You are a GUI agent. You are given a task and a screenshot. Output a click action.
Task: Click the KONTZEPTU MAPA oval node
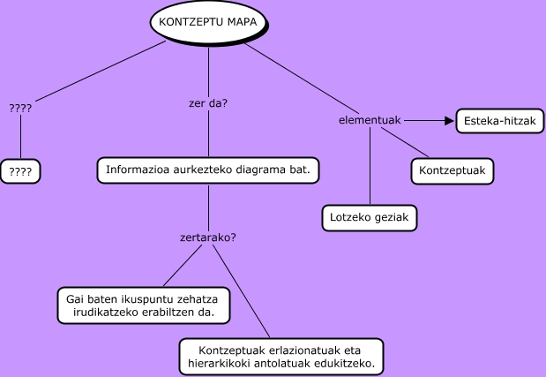[209, 22]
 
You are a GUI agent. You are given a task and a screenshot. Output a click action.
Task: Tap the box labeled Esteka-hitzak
[500, 121]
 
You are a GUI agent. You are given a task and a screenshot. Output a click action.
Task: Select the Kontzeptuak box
[453, 170]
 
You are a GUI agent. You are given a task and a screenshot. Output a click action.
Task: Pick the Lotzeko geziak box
[370, 218]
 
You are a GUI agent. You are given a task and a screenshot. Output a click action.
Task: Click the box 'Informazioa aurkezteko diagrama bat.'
[208, 170]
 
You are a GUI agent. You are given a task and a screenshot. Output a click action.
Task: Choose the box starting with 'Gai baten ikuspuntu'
[144, 305]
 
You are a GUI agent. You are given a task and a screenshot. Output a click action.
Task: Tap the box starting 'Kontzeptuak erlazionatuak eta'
[281, 357]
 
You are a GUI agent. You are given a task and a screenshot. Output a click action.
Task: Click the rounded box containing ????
[20, 171]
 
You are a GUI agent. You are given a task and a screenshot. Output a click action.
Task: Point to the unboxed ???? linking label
[20, 108]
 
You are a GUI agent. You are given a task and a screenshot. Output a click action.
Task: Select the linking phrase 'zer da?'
[208, 103]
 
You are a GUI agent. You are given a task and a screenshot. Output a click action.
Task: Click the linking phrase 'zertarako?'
[208, 238]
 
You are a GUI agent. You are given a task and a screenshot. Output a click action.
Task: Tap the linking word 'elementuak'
[370, 120]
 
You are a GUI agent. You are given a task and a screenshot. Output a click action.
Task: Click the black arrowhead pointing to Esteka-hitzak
[449, 121]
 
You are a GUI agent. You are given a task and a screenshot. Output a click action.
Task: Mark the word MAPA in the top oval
[243, 22]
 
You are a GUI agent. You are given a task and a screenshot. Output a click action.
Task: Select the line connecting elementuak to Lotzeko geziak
[370, 166]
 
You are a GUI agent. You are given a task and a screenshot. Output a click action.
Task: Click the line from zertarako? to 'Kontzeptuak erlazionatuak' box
[242, 291]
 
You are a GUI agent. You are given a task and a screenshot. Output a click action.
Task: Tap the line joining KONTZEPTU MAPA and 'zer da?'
[208, 72]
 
